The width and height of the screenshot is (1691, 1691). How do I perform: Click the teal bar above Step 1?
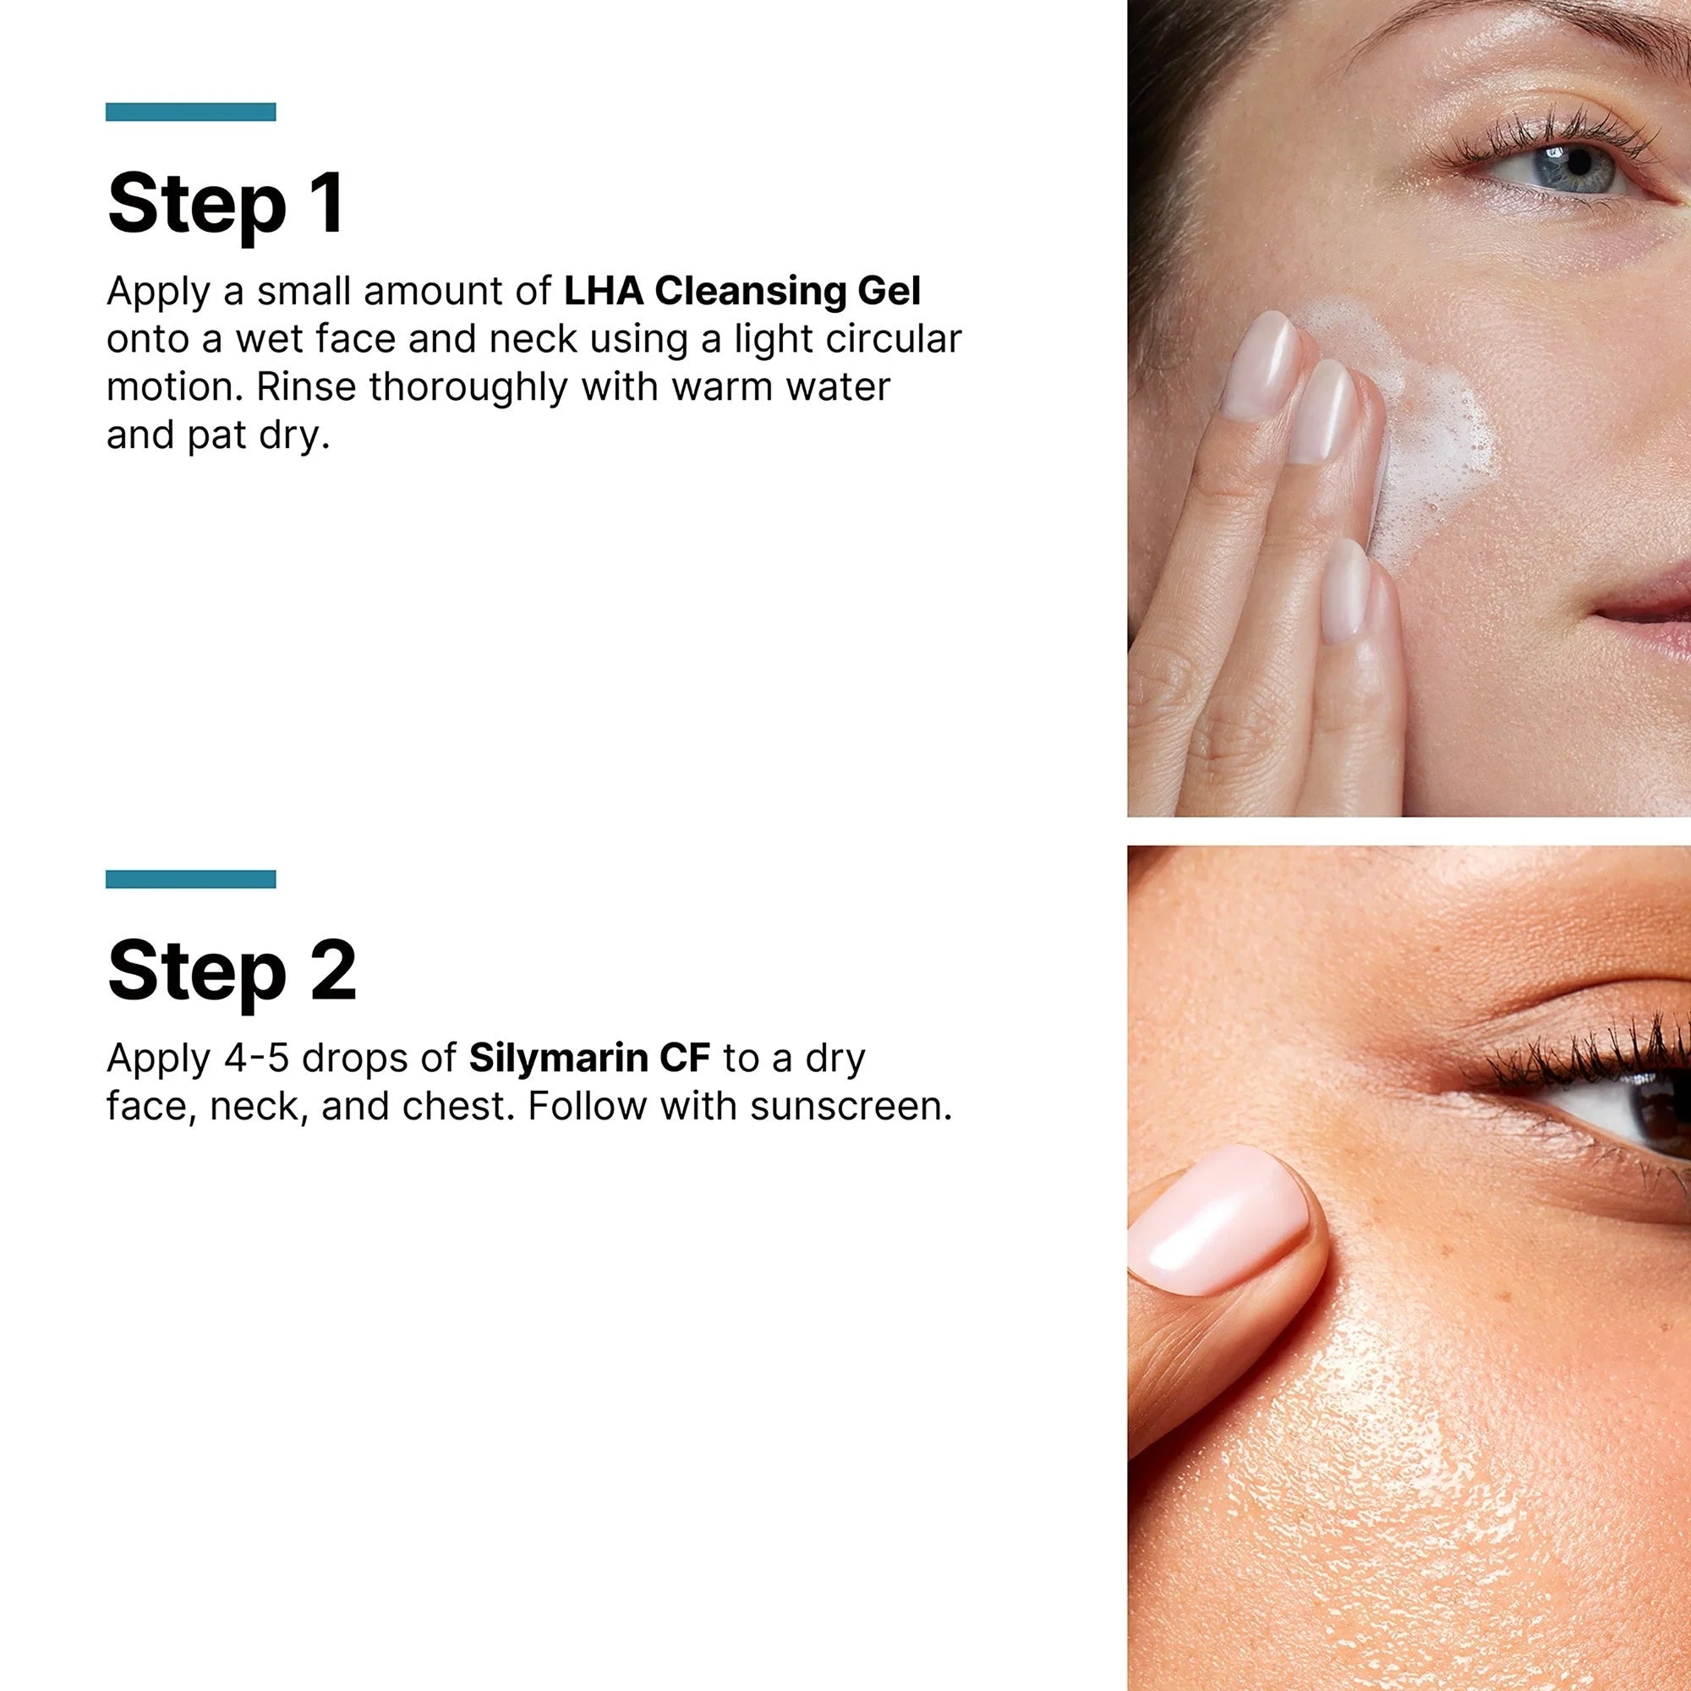click(191, 112)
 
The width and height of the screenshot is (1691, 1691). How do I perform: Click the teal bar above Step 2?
click(191, 879)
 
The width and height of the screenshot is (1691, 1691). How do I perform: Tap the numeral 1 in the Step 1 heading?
click(327, 203)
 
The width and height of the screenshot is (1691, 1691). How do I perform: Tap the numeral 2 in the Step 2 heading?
click(332, 971)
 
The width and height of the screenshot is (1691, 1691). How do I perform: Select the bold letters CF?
click(685, 1059)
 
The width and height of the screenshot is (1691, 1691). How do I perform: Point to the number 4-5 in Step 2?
click(256, 1059)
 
